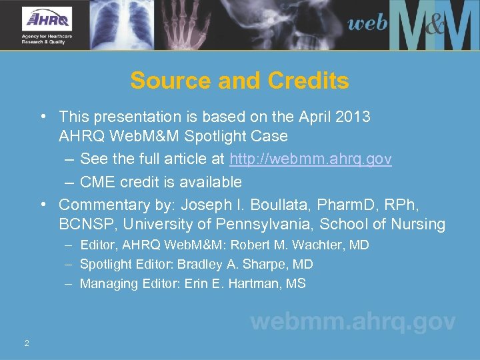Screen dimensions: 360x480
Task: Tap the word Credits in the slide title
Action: click(308, 81)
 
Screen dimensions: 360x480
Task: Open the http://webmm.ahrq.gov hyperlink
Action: click(311, 159)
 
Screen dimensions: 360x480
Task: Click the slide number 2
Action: click(26, 343)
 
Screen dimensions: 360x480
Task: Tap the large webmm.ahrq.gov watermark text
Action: click(353, 322)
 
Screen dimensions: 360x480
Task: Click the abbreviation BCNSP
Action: click(87, 224)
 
